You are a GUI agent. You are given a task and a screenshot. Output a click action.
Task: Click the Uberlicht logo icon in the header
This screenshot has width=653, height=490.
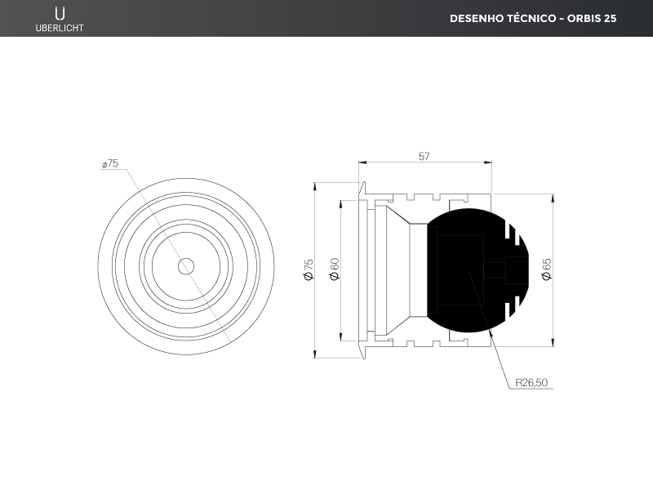click(x=60, y=13)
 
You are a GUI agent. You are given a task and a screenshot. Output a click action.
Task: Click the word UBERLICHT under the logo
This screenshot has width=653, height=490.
click(x=60, y=28)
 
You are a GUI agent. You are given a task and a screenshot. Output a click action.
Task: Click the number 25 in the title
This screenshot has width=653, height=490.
click(x=610, y=18)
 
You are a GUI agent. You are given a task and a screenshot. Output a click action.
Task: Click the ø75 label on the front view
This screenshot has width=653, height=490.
click(x=110, y=164)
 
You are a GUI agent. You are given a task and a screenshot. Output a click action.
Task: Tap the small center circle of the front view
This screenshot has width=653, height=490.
click(x=186, y=267)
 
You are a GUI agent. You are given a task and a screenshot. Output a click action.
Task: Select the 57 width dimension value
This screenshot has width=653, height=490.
click(x=424, y=157)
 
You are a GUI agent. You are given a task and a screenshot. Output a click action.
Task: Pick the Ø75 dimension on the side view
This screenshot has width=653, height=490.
click(x=309, y=270)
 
